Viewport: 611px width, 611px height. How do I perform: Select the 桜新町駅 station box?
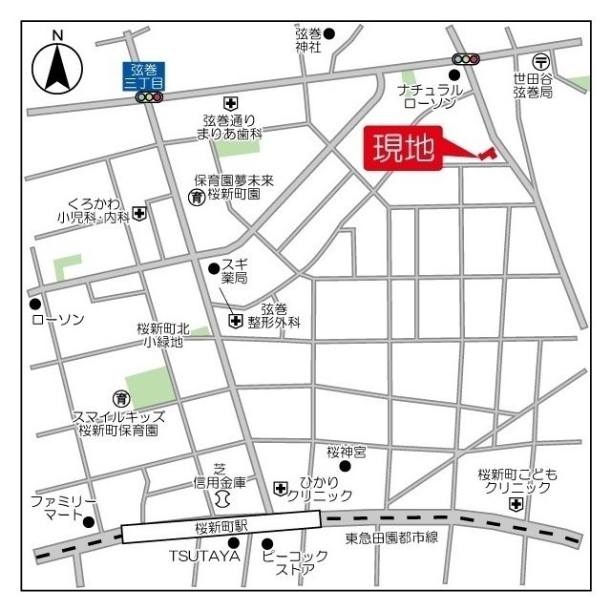pyautogui.click(x=221, y=526)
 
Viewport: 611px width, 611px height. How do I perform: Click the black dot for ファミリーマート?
pyautogui.click(x=89, y=522)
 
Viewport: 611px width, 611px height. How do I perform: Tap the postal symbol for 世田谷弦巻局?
pyautogui.click(x=541, y=59)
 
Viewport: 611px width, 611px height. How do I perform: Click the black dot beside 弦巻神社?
pyautogui.click(x=329, y=34)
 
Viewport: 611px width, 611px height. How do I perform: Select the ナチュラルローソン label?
pyautogui.click(x=432, y=95)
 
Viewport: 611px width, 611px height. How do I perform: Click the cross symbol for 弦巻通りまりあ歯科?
pyautogui.click(x=229, y=102)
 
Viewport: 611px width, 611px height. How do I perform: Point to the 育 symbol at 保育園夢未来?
pyautogui.click(x=196, y=198)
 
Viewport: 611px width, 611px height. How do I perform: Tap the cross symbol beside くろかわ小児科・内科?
pyautogui.click(x=140, y=213)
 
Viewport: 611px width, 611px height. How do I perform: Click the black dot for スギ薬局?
pyautogui.click(x=214, y=268)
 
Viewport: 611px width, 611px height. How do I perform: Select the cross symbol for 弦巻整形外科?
pyautogui.click(x=236, y=321)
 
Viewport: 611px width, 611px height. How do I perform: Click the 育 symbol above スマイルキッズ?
pyautogui.click(x=120, y=397)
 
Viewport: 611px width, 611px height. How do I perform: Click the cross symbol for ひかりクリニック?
pyautogui.click(x=281, y=489)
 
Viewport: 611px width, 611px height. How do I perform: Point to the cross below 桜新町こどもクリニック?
pyautogui.click(x=516, y=504)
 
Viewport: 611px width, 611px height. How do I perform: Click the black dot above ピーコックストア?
pyautogui.click(x=267, y=545)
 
